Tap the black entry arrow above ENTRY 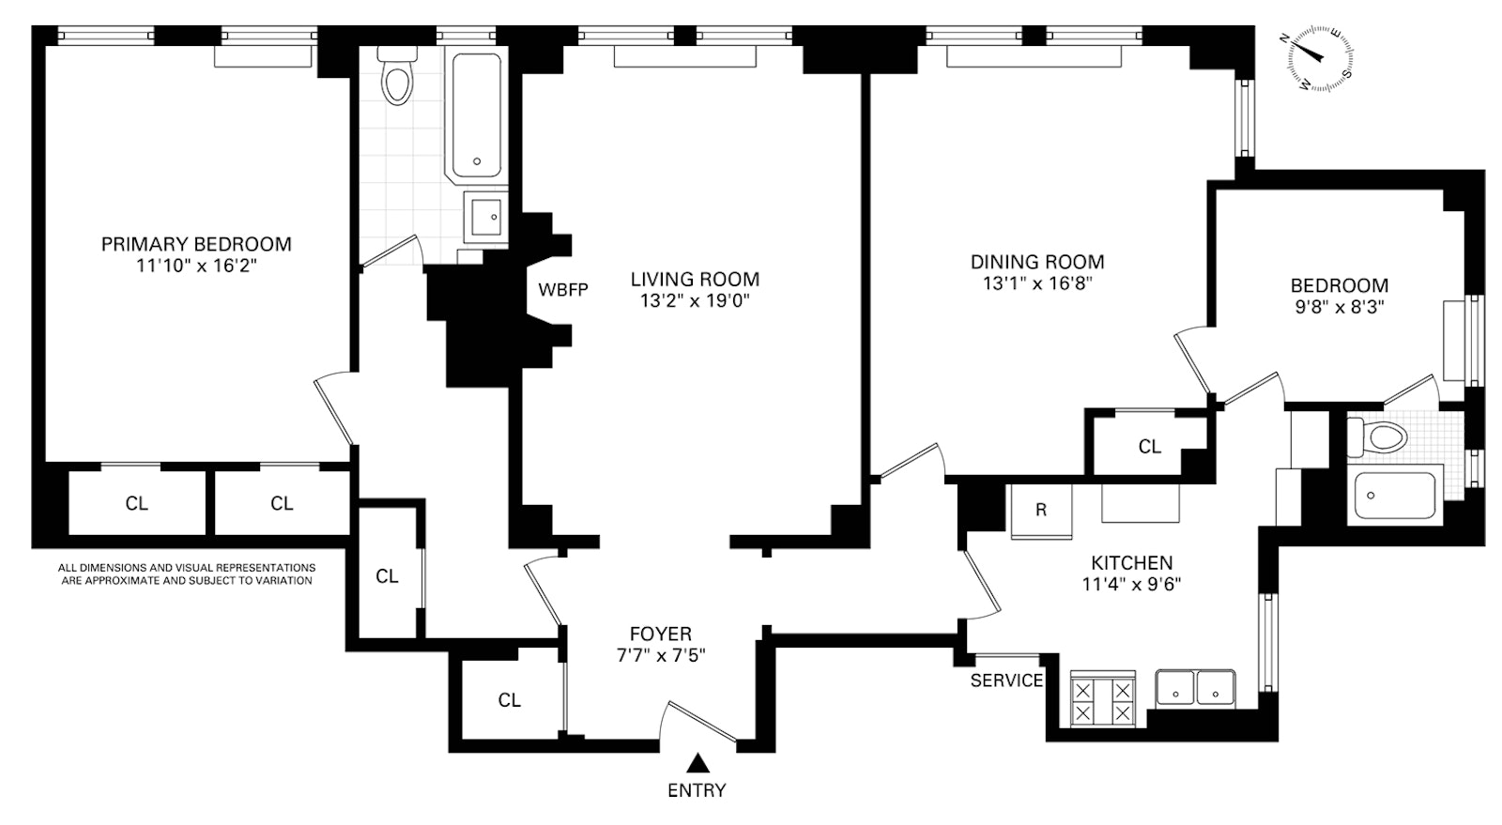pos(697,761)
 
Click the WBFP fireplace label pos(562,290)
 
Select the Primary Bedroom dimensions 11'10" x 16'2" pos(196,267)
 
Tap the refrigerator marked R pos(1041,512)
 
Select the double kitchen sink pos(1195,690)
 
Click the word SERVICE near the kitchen pos(1006,680)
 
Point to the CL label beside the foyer pos(509,700)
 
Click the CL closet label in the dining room pos(1149,447)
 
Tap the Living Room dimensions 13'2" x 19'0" pos(695,301)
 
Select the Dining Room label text pos(1037,262)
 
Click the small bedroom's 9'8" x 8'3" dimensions pos(1339,307)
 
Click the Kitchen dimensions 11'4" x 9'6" pos(1131,584)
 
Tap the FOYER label pos(660,634)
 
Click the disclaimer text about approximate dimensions pos(186,574)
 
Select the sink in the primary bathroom pos(486,217)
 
